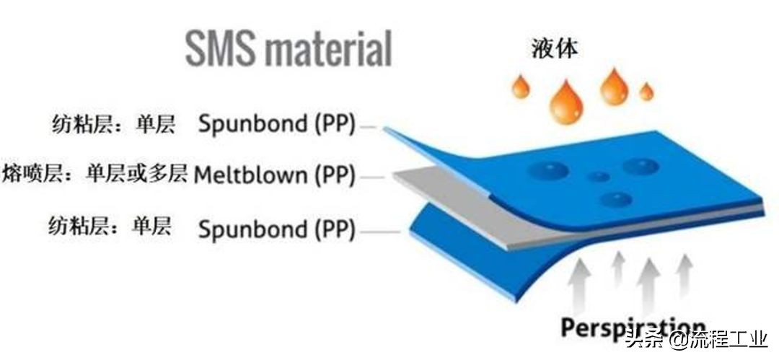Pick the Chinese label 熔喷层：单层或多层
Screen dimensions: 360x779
[x=94, y=173]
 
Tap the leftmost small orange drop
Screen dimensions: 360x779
[x=520, y=87]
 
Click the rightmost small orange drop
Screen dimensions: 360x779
[x=646, y=92]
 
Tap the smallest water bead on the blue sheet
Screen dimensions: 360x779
[x=598, y=177]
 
